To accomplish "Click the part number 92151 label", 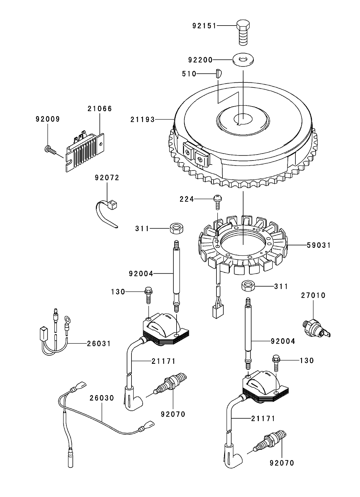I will click(204, 26).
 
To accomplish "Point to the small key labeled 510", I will click(218, 74).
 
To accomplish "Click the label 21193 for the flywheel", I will click(142, 119).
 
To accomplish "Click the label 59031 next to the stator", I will click(319, 245).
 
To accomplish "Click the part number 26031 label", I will click(99, 344).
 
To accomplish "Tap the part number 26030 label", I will click(102, 398).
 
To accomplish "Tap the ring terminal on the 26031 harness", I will click(68, 319).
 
